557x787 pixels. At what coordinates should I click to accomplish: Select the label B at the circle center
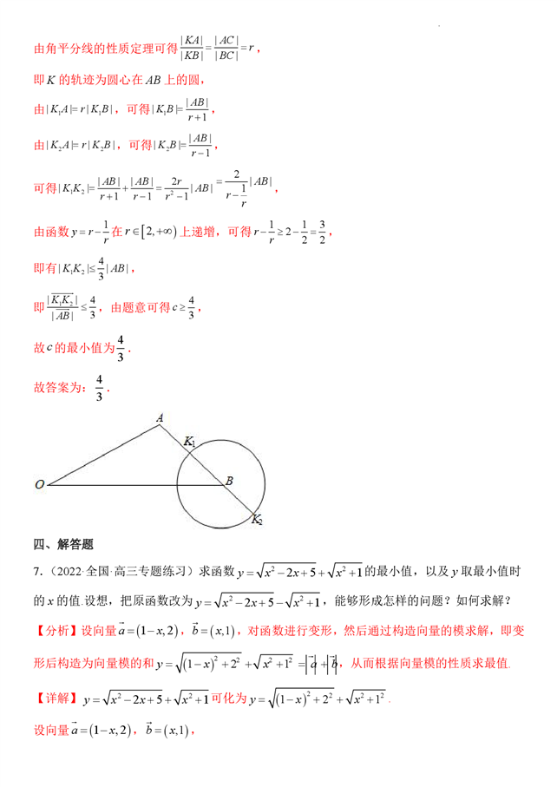229,480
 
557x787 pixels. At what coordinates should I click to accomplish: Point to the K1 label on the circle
190,443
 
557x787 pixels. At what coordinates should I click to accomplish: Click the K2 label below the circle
257,520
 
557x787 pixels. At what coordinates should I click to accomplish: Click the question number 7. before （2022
37,571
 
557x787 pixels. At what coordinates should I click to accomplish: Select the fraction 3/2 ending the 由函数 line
322,232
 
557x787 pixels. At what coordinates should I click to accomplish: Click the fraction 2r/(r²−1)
169,187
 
